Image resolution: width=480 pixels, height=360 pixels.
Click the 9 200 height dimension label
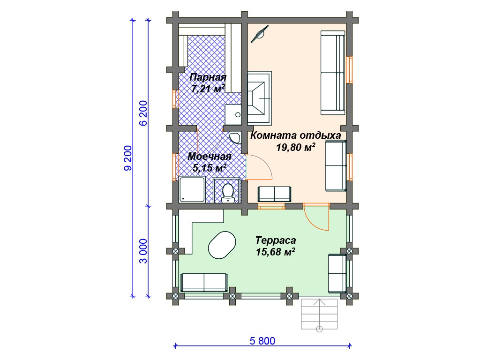pos(128,158)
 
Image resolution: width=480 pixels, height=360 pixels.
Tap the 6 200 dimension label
pos(143,113)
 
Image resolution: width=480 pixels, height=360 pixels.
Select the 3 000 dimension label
pos(143,251)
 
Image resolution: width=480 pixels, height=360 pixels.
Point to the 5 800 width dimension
pos(262,341)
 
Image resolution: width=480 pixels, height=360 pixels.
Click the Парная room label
pos(208,77)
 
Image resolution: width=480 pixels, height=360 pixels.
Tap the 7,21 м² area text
pos(208,89)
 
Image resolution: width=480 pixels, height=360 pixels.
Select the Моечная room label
pos(210,157)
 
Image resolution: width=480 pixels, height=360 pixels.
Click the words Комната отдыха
pos(296,135)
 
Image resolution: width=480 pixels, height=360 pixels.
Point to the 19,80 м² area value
pos(296,148)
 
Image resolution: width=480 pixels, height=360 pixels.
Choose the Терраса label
pos(276,240)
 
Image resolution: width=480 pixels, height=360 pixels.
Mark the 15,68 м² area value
pos(276,252)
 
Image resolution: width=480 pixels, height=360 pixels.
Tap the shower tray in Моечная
pos(192,189)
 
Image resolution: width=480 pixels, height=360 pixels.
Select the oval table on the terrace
pos(222,245)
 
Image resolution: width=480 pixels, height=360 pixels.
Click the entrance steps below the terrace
pos(319,314)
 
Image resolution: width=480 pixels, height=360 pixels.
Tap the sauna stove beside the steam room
pos(259,97)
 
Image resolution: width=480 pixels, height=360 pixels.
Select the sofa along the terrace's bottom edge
pos(204,283)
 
